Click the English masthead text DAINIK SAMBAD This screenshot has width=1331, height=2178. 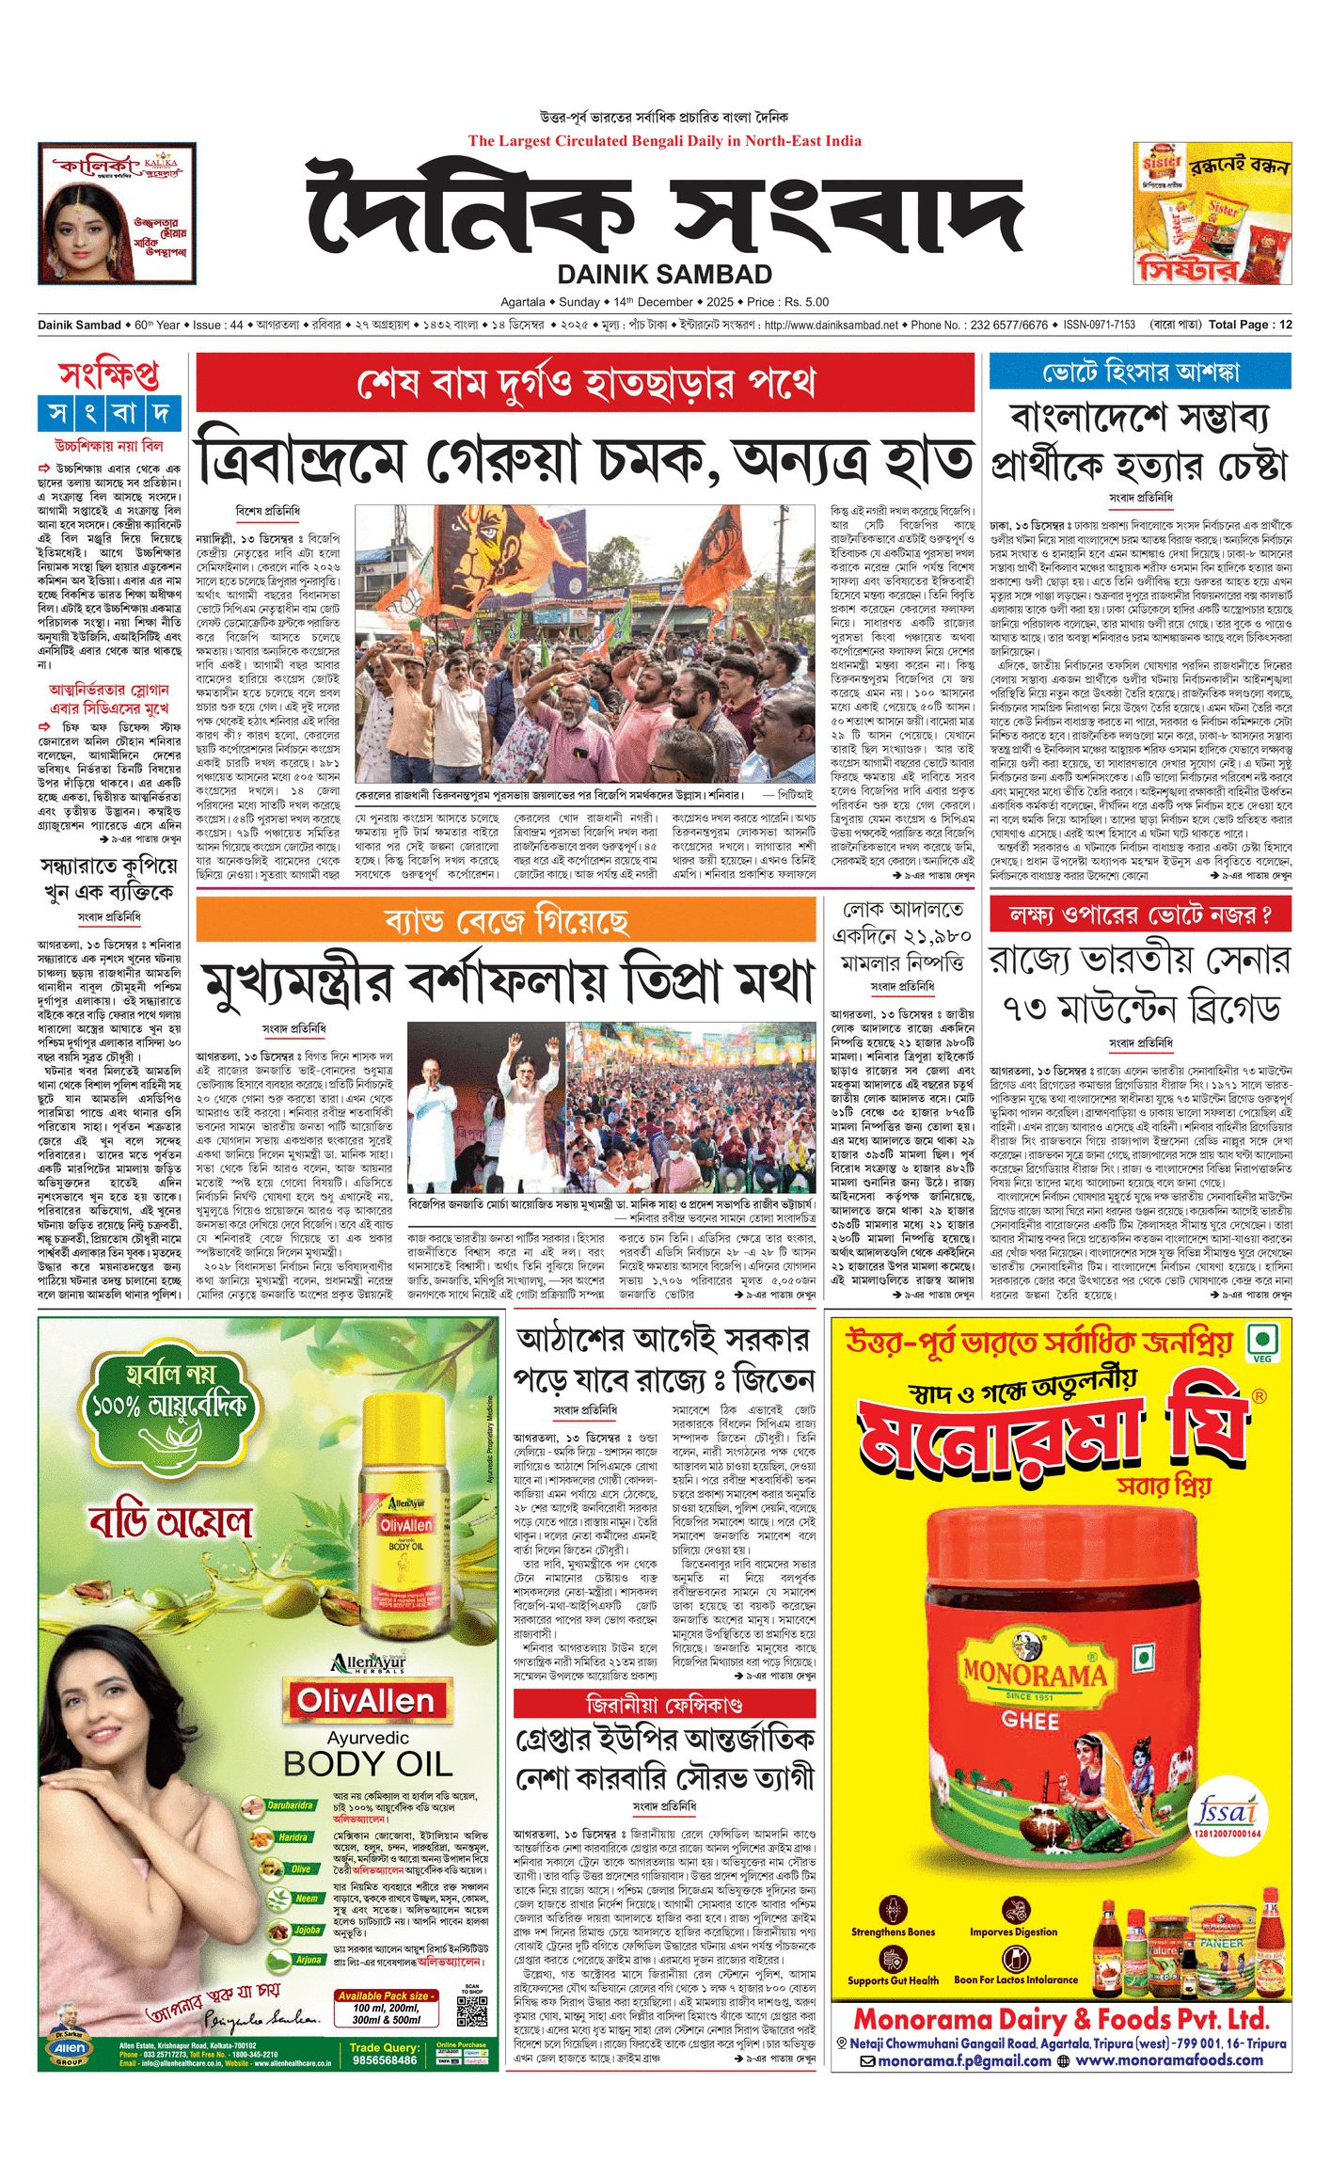tap(665, 274)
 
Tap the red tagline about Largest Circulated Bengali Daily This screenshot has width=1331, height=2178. tap(664, 141)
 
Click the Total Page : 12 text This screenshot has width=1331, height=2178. tap(1250, 325)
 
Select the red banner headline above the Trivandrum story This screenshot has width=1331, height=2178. tap(585, 383)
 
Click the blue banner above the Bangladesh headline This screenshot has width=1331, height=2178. tap(1139, 372)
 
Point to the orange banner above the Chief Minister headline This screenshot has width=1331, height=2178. tap(506, 919)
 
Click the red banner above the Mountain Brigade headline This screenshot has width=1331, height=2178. tap(1140, 914)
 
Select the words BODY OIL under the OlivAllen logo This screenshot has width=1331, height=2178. tap(368, 1762)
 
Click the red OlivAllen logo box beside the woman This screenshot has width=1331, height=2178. tap(366, 1701)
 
